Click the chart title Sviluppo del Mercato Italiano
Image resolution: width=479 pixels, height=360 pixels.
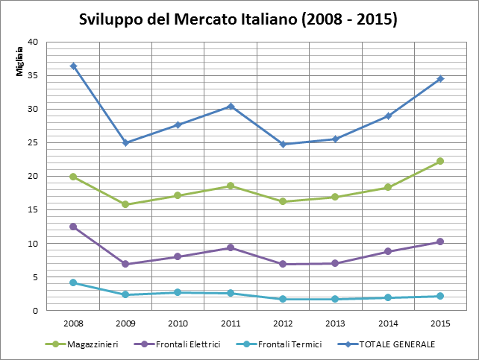[x=238, y=19]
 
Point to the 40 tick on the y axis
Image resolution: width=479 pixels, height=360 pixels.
[x=34, y=42]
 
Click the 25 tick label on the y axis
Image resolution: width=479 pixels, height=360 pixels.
[x=34, y=142]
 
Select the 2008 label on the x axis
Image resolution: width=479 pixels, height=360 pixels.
[x=73, y=323]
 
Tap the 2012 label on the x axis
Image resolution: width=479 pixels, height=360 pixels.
[x=283, y=323]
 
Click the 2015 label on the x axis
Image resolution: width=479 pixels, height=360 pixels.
[x=440, y=323]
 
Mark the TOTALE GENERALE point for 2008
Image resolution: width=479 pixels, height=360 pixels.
[x=73, y=66]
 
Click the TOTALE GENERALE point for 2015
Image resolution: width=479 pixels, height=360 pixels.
[x=440, y=78]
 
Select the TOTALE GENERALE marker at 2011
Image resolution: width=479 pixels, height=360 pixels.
[x=231, y=106]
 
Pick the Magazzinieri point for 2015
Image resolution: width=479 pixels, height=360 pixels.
[x=440, y=161]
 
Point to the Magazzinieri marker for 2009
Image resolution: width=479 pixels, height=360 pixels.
[x=125, y=204]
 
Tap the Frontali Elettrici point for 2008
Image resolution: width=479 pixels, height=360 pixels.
[x=73, y=227]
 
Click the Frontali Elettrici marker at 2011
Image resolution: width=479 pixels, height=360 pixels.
[x=231, y=247]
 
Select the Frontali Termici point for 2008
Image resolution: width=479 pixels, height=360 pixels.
[x=73, y=282]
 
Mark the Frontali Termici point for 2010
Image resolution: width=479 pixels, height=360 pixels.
[x=178, y=292]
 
